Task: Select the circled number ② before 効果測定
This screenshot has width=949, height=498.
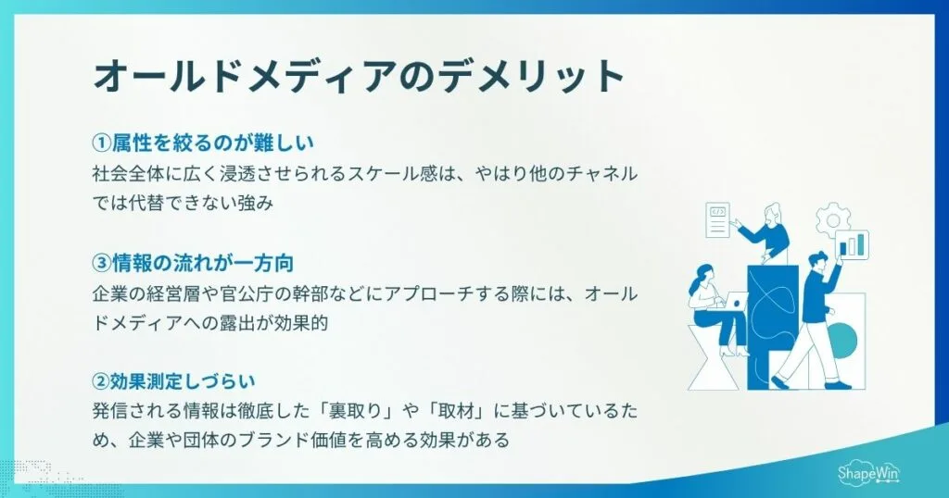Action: tap(101, 380)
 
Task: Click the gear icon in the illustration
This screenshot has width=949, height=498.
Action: tap(831, 221)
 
